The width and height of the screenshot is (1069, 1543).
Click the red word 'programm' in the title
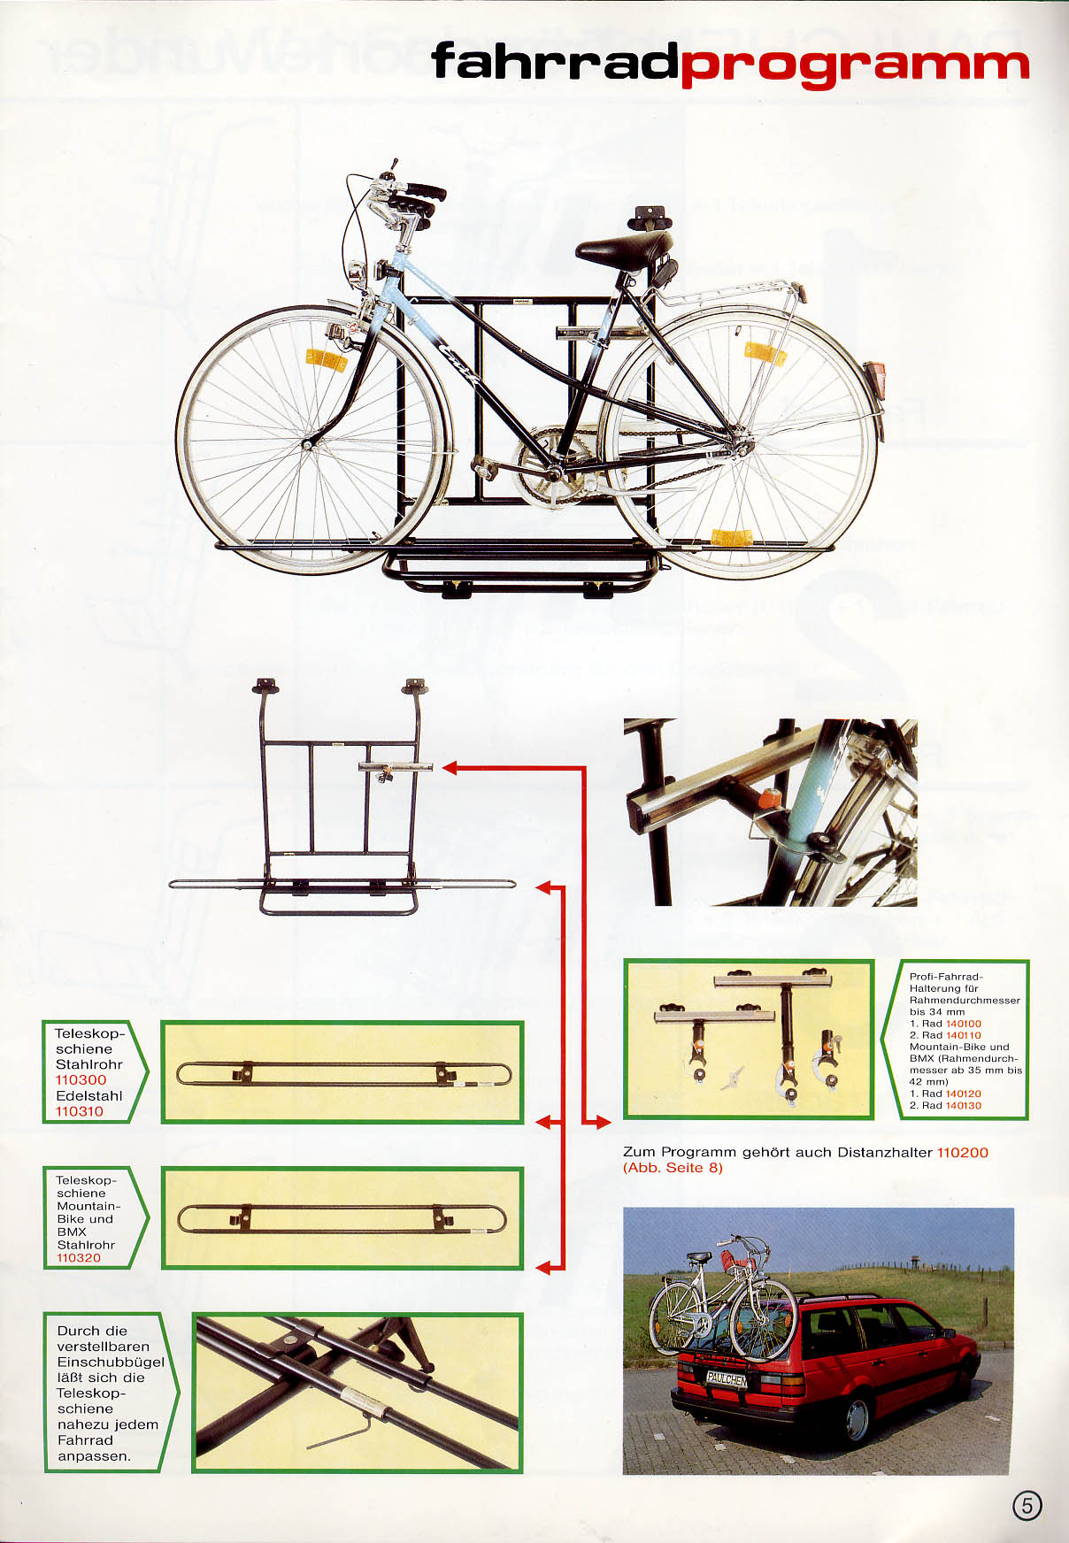coord(855,66)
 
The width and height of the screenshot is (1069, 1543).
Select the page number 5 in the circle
coord(1027,1505)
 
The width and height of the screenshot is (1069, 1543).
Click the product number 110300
coord(81,1079)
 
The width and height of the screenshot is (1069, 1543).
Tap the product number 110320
coord(79,1257)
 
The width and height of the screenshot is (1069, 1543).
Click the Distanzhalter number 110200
coord(962,1152)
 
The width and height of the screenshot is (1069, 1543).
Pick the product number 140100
coord(964,1024)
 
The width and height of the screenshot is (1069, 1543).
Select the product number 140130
coord(964,1105)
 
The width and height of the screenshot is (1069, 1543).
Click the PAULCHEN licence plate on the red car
coord(727,1378)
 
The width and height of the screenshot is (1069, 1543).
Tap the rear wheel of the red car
coord(857,1420)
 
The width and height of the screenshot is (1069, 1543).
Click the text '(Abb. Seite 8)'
coord(673,1168)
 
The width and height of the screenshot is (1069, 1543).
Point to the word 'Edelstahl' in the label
coord(88,1095)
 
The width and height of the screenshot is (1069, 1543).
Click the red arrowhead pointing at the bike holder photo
coord(603,1123)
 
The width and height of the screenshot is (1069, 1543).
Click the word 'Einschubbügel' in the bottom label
coord(111,1363)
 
